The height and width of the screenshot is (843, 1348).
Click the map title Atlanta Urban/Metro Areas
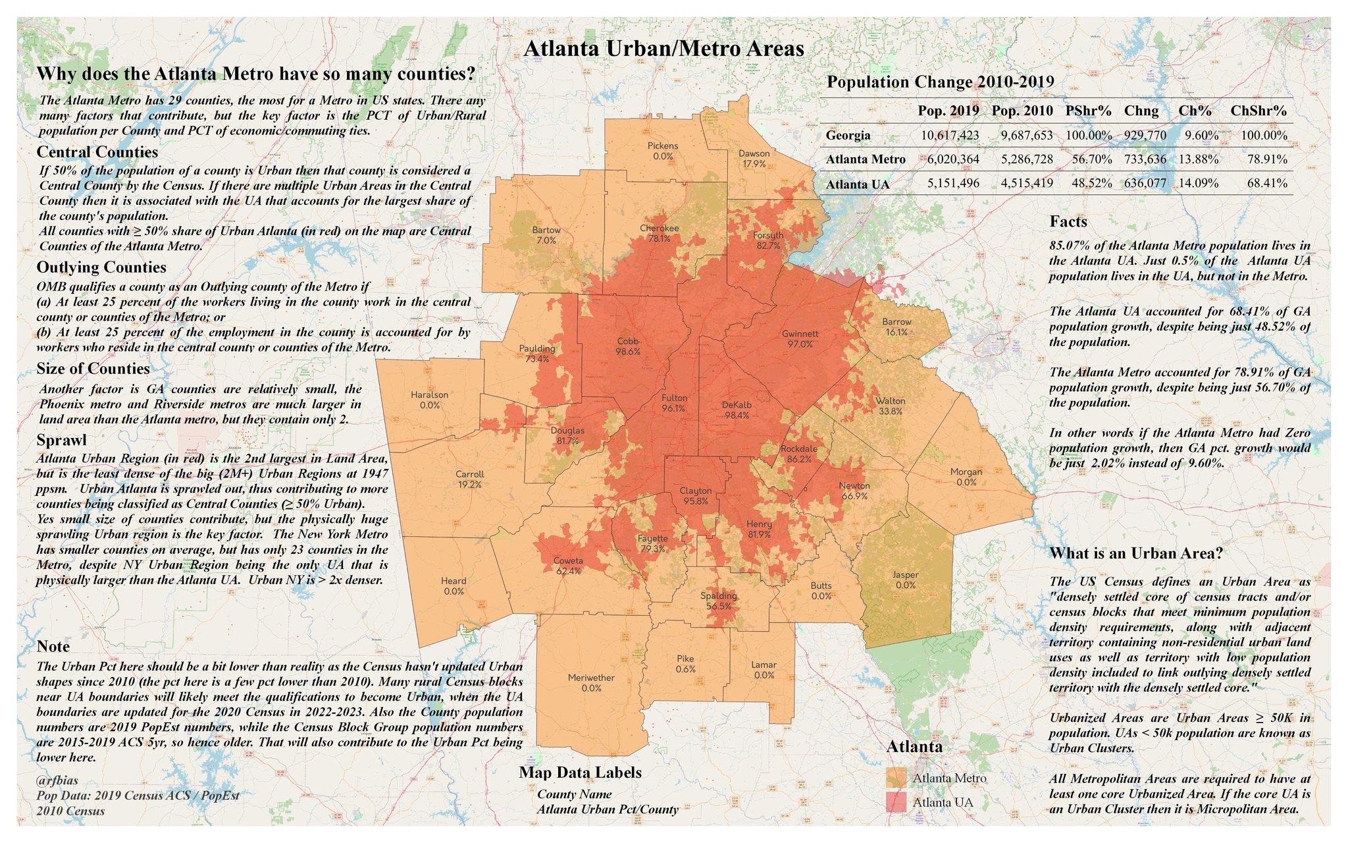(663, 49)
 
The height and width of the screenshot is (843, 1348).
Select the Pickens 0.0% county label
(663, 151)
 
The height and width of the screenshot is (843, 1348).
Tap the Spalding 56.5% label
(718, 601)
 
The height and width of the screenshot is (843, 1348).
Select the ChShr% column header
(1258, 111)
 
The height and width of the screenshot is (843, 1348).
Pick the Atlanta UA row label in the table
(857, 184)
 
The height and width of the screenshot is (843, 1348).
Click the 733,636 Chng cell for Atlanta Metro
(1145, 159)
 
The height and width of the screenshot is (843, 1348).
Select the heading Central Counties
(97, 152)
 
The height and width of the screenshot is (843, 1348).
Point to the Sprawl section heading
(61, 440)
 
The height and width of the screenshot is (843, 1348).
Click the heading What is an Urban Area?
(1136, 553)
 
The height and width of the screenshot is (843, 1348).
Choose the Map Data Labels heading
(580, 773)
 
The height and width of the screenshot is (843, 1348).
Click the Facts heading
(1068, 222)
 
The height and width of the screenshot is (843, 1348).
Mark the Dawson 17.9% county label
(754, 158)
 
